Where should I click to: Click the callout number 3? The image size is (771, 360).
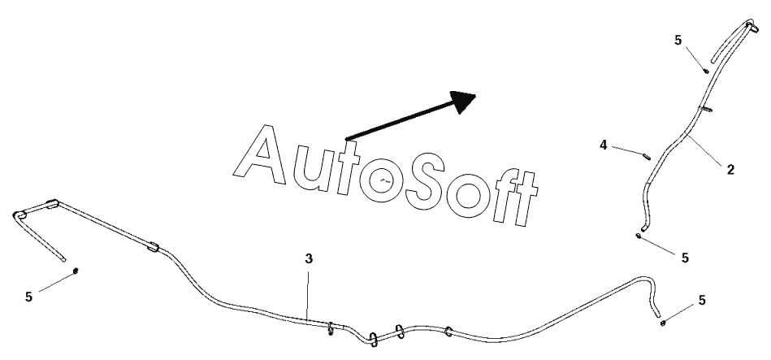[x=309, y=258]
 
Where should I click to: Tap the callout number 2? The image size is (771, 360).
[x=730, y=169]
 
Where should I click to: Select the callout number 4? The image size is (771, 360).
[x=604, y=145]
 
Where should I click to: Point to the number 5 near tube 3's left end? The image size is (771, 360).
[x=28, y=297]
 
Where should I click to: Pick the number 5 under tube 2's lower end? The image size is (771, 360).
[x=685, y=257]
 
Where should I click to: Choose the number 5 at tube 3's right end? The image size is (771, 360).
[x=702, y=300]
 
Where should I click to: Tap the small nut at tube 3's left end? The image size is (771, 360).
[x=76, y=270]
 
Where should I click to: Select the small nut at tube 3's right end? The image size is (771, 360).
[x=664, y=323]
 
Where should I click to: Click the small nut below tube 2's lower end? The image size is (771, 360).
[x=640, y=236]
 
